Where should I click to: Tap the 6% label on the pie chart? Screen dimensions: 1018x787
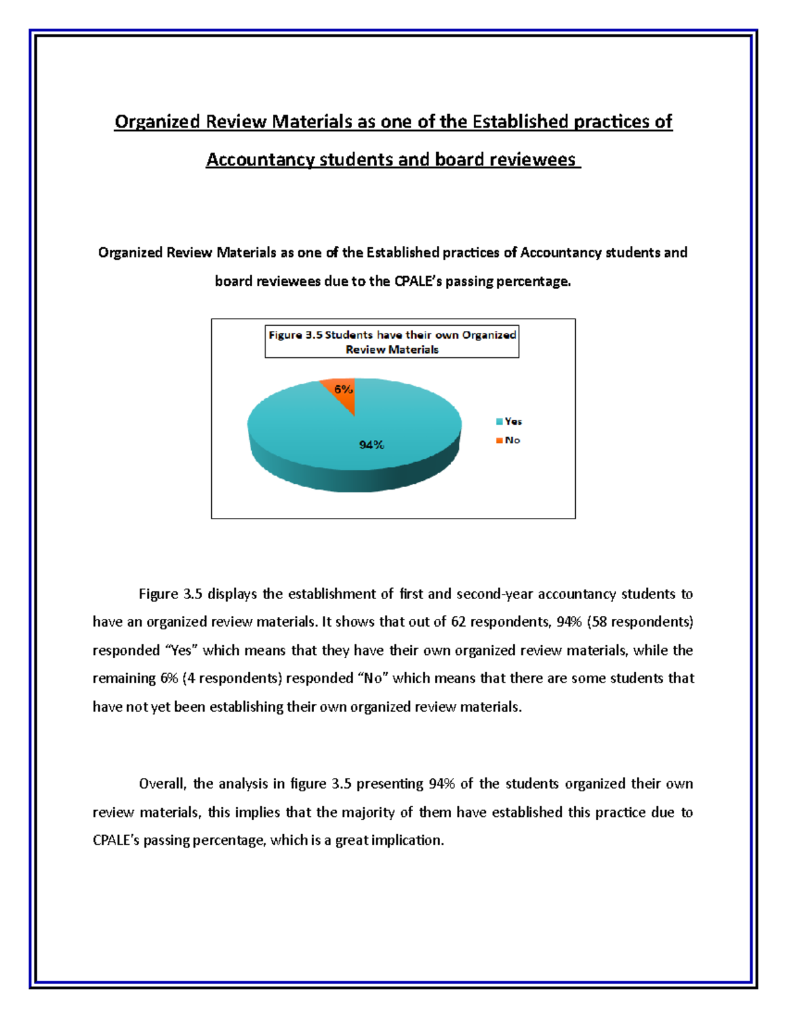pos(344,389)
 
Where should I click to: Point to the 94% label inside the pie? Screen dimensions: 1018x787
pos(371,445)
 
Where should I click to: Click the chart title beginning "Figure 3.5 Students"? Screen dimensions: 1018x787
pos(392,342)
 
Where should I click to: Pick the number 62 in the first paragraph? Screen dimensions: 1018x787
pos(458,622)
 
